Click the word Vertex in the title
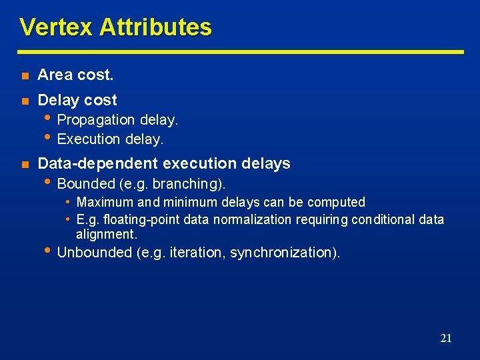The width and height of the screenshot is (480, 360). click(x=56, y=27)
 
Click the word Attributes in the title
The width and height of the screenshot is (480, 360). click(x=155, y=27)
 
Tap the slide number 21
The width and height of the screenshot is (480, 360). click(x=446, y=338)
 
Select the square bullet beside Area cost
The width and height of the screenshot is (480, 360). click(x=25, y=76)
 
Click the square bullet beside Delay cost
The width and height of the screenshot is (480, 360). click(x=25, y=101)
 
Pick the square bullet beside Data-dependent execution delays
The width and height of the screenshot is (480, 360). click(x=25, y=165)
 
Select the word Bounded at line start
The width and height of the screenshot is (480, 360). click(x=85, y=183)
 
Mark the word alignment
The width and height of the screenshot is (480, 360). click(x=105, y=234)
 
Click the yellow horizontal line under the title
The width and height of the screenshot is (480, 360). click(x=240, y=51)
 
